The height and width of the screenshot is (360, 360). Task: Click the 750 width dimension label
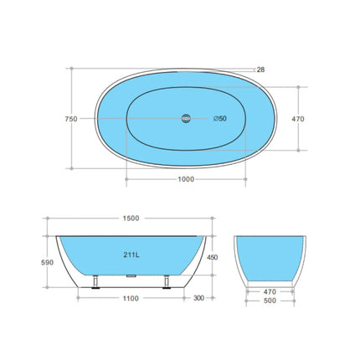click(x=70, y=119)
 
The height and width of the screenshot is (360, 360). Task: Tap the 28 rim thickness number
click(x=261, y=70)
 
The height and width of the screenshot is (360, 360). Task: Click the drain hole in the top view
click(x=186, y=119)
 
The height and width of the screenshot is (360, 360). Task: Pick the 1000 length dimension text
click(x=185, y=179)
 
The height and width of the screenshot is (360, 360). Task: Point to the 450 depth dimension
click(x=213, y=258)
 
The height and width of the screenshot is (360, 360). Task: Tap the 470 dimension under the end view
click(x=267, y=292)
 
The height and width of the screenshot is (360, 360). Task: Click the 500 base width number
click(x=267, y=301)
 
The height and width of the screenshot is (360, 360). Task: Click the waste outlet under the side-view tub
click(x=131, y=274)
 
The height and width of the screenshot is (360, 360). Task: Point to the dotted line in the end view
click(x=267, y=276)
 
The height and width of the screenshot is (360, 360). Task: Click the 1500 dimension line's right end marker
click(x=212, y=225)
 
